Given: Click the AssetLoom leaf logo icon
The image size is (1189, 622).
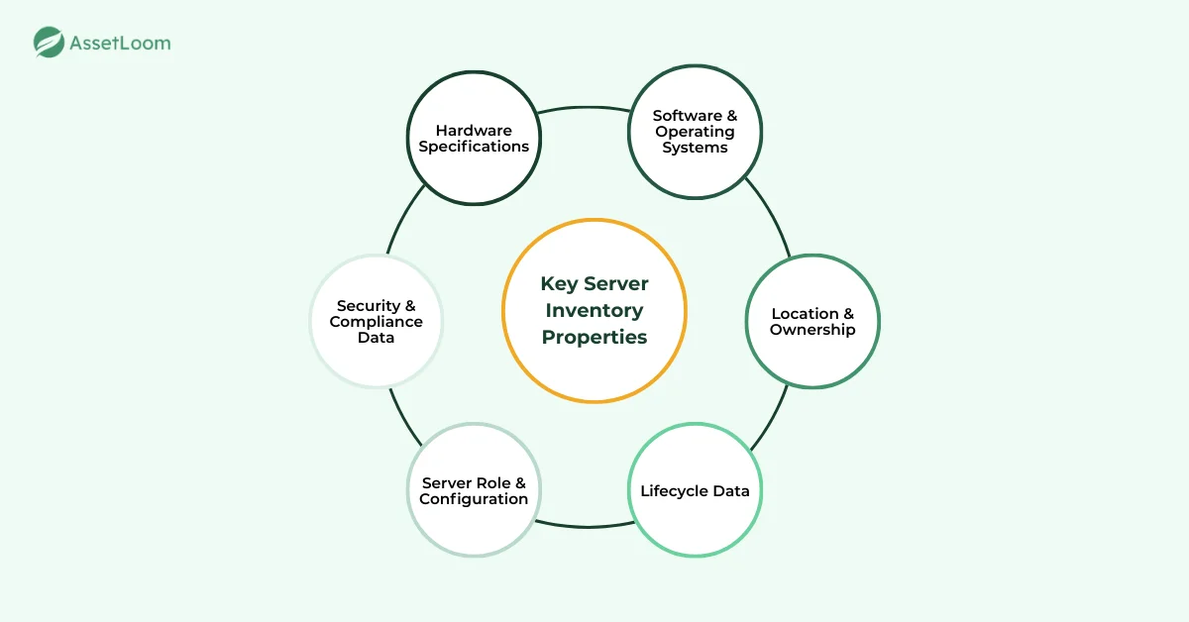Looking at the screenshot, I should click(x=49, y=43).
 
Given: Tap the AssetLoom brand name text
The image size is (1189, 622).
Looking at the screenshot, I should click(x=119, y=44).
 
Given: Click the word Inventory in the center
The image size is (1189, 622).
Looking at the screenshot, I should click(x=594, y=310).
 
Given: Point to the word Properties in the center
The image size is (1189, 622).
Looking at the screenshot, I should click(x=594, y=337).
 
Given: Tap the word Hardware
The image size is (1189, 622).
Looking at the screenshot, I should click(x=474, y=131).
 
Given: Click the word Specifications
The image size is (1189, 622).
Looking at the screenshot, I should click(x=474, y=147).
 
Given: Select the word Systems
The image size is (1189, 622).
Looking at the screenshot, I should click(x=696, y=148).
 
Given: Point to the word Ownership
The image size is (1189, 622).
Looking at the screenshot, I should click(x=812, y=329).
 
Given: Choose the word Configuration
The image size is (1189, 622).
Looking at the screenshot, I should click(x=474, y=498).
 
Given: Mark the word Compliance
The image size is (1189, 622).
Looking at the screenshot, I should click(x=377, y=322).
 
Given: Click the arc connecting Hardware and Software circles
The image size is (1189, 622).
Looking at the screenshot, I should click(x=585, y=108).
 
